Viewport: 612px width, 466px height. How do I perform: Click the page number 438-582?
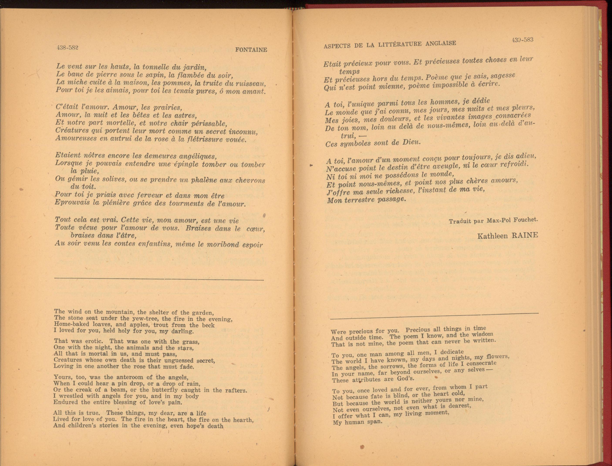pyautogui.click(x=67, y=47)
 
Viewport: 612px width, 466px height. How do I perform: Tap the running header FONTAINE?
pyautogui.click(x=251, y=50)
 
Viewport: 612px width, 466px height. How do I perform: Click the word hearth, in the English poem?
pyautogui.click(x=243, y=420)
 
